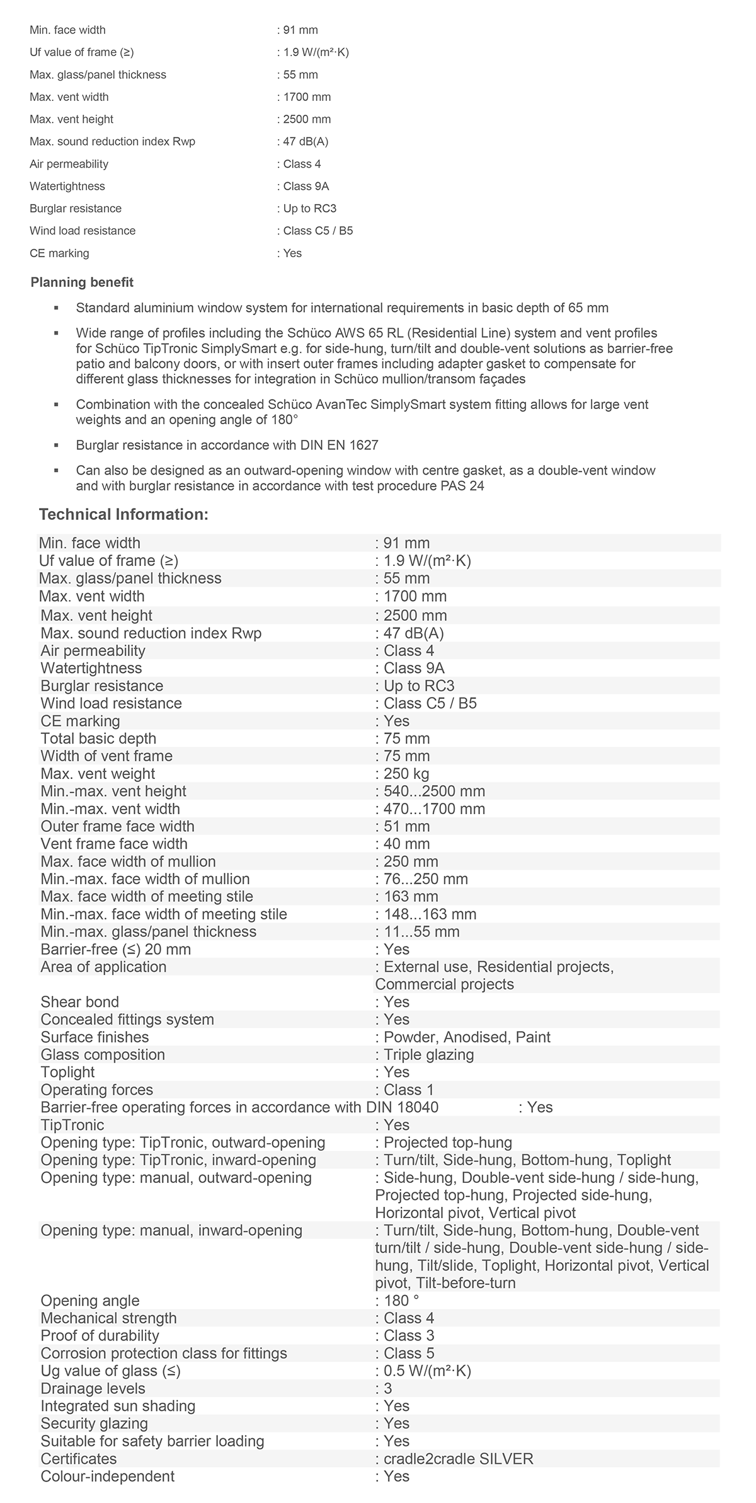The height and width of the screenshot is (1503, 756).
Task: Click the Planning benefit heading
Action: [82, 282]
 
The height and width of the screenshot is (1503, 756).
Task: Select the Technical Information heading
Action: [123, 514]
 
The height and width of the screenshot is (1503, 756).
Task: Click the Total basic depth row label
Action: [98, 739]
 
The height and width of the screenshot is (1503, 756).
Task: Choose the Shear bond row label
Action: [79, 1002]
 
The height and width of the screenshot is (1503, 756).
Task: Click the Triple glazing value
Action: [428, 1055]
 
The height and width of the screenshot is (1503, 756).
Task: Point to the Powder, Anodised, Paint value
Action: [467, 1037]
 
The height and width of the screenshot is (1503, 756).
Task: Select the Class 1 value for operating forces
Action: [408, 1090]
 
